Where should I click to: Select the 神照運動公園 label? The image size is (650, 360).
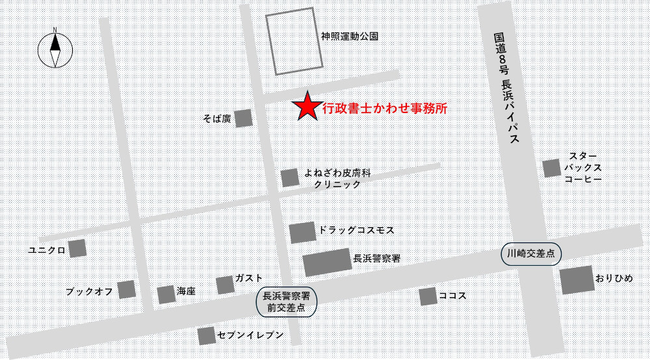point(350,36)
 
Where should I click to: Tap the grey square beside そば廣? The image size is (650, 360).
point(243,118)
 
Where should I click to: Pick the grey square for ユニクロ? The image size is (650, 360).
point(77,248)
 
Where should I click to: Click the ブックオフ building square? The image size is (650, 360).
point(126,289)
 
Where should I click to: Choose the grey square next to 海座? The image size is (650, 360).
point(166,294)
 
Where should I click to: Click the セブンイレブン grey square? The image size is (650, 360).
point(207,335)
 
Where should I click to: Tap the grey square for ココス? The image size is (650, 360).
point(427,296)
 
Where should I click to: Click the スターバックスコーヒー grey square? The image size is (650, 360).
point(552,168)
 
